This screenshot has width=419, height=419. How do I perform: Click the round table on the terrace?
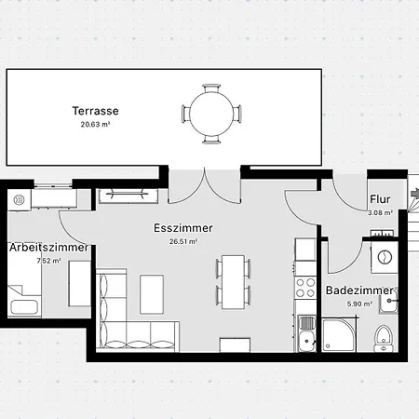[x=210, y=113]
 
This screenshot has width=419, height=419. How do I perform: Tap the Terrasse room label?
[x=95, y=111]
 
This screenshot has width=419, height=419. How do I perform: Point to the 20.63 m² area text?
[x=95, y=125]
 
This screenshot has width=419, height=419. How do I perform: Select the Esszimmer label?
[x=183, y=228]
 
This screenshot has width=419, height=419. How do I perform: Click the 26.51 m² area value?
[x=183, y=241]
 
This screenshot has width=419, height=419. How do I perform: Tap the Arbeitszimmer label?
[x=48, y=248]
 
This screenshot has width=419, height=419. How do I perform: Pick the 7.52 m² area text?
[x=48, y=262]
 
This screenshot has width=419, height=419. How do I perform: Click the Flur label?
[x=379, y=199]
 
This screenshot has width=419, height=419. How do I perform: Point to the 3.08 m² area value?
[x=379, y=212]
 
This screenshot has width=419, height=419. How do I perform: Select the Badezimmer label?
[x=358, y=291]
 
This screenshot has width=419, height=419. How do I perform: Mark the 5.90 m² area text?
[x=358, y=304]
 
